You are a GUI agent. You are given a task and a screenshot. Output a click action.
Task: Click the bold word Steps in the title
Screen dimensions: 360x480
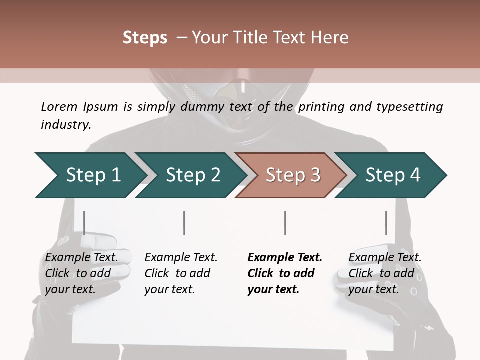[x=145, y=37]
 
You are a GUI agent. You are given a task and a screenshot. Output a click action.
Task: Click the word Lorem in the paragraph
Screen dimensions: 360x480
[x=59, y=106]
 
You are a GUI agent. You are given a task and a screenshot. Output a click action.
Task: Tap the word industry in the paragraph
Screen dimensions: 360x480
[x=66, y=125]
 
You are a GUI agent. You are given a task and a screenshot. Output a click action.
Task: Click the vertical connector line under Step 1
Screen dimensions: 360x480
[x=84, y=223]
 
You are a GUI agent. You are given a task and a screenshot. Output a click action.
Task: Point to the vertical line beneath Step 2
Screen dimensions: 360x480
[x=184, y=223]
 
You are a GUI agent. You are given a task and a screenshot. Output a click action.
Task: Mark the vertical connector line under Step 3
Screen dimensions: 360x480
[x=285, y=223]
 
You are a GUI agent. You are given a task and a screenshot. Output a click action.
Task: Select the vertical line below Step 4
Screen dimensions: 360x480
[x=386, y=223]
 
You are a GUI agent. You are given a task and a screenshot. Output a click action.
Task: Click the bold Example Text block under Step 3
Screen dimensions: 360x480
[x=285, y=273]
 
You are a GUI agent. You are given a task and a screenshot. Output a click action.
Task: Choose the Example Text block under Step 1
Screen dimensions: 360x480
[x=81, y=273]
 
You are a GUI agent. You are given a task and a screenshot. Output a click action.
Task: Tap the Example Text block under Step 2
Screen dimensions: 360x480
[x=181, y=273]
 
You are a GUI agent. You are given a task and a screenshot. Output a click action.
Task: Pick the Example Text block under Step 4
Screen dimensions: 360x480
[x=385, y=273]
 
